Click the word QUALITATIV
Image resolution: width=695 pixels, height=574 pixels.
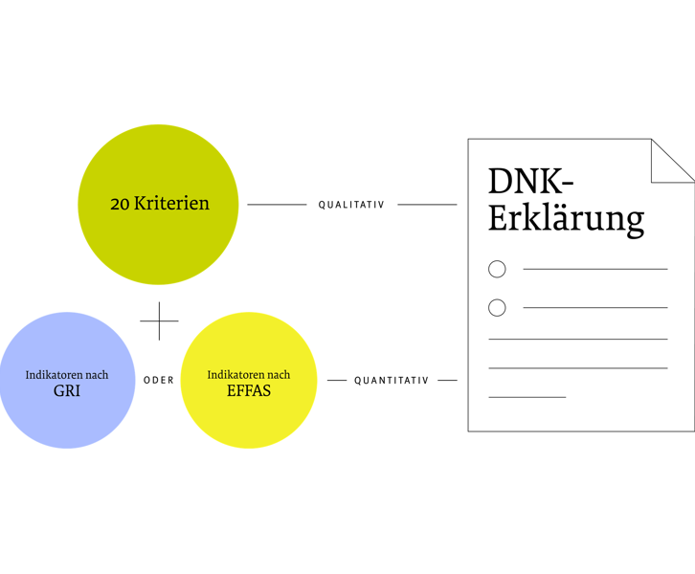coord(351,205)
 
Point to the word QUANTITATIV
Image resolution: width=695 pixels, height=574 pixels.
coord(392,381)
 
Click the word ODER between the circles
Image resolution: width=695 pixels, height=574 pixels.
coord(159,381)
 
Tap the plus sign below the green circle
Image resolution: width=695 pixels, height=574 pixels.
coord(159,321)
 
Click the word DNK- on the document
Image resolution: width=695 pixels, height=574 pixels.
coord(530,182)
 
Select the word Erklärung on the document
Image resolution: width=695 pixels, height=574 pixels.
coord(566,218)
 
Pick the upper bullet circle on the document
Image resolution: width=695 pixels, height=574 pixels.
coord(497,269)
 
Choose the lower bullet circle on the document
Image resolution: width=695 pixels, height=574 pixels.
coord(497,307)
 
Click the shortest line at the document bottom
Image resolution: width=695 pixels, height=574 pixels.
coord(527,396)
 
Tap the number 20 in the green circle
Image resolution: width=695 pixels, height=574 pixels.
coord(120,204)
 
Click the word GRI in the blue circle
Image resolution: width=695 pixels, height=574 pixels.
coord(67,391)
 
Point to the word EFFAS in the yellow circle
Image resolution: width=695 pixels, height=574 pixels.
coord(248,391)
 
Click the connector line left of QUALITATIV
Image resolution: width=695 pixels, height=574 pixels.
coord(277,204)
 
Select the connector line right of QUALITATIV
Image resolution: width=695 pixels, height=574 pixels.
coord(427,204)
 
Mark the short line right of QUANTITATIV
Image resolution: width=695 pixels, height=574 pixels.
coord(447,381)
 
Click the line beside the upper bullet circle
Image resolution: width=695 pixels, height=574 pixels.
coord(594,269)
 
